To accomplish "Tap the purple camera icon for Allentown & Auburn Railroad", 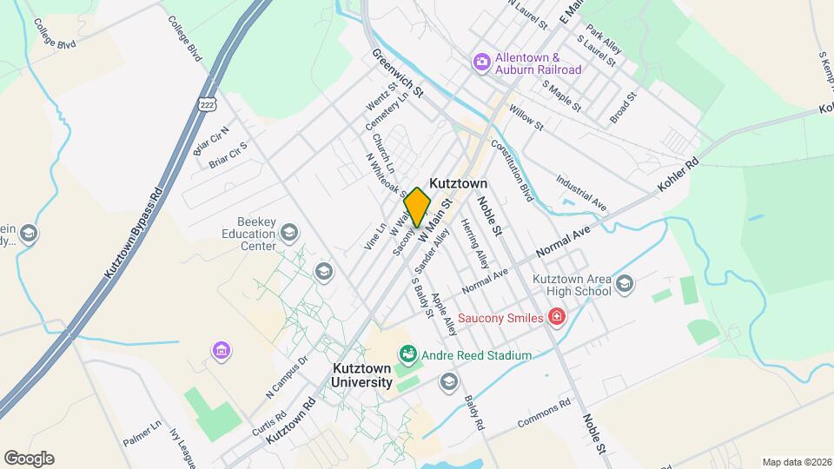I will coord(481,63).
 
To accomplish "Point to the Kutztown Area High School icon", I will coord(625,285).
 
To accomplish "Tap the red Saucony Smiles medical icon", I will coord(556,318).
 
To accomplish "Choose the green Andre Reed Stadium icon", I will coord(407,354).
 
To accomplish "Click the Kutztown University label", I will coord(361,375).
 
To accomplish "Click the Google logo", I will coord(29,458).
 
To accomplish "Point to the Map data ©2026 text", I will coord(795,462).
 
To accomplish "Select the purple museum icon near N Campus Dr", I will coord(222,350).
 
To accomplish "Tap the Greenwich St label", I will coord(397,73).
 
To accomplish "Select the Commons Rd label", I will coord(543,413).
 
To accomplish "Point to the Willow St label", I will coord(526,119).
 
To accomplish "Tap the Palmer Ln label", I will coord(142,432).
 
